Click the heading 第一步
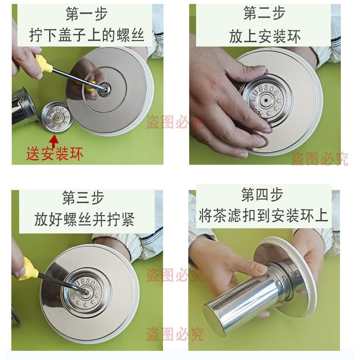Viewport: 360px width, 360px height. [87, 14]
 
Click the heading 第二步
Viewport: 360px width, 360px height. [264, 13]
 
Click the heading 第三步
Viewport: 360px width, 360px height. [83, 198]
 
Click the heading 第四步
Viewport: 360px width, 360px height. [262, 194]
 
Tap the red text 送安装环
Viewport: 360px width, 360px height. [54, 154]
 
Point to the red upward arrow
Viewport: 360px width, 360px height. [54, 141]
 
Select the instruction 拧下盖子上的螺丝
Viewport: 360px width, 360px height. [87, 35]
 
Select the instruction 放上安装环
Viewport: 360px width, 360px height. [265, 36]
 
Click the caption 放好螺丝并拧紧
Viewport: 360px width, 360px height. [84, 219]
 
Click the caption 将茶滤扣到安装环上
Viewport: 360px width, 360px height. [263, 216]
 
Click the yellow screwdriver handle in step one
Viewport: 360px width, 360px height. [43, 63]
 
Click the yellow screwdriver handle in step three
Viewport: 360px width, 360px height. [27, 269]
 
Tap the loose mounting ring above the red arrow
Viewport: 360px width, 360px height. [57, 117]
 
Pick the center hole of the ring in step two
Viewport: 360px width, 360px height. [266, 100]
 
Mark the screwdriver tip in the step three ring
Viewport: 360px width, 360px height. [85, 293]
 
